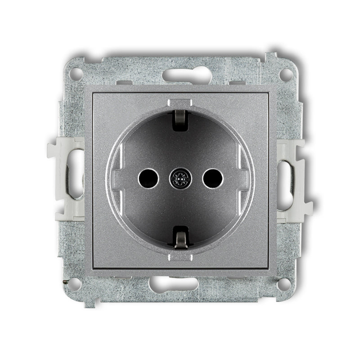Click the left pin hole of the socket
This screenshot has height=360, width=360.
pyautogui.click(x=148, y=179)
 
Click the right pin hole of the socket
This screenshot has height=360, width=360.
pyautogui.click(x=212, y=179)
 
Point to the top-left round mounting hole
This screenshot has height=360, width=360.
pyautogui.click(x=76, y=72)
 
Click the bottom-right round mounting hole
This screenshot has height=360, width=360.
pyautogui.click(x=283, y=283)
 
